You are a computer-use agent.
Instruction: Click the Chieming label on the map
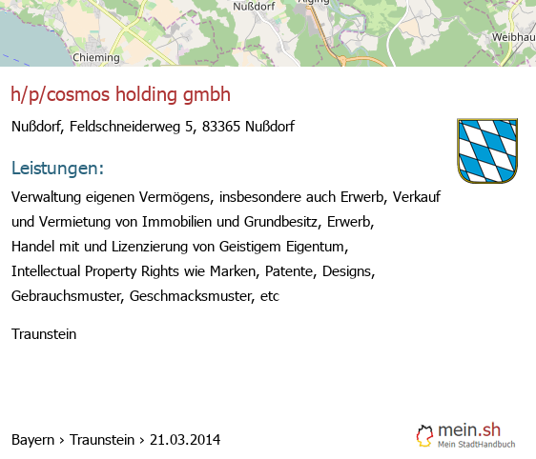(x=96, y=58)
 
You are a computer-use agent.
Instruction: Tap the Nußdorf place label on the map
(x=254, y=6)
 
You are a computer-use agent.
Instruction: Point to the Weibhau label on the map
(x=513, y=37)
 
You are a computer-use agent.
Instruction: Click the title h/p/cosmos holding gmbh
(x=121, y=94)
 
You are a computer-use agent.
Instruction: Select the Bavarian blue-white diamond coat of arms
(x=487, y=150)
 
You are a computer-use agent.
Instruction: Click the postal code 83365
(x=221, y=127)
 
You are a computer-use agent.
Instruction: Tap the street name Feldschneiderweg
(x=125, y=127)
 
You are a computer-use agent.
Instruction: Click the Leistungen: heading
(x=57, y=169)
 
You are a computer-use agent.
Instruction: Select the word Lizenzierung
(x=150, y=247)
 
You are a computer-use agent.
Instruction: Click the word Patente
(x=291, y=271)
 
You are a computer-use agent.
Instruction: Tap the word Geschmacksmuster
(x=192, y=296)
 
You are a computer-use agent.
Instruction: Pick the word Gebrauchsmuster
(x=68, y=296)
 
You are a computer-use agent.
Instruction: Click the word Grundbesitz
(x=282, y=222)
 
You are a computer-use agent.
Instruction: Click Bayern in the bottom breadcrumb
(x=32, y=440)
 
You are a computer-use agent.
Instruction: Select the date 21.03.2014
(x=185, y=440)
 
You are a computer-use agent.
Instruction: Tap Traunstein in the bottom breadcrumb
(x=102, y=440)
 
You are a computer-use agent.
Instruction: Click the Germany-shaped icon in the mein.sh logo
(x=424, y=436)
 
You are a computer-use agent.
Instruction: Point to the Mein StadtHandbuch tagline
(x=477, y=445)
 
